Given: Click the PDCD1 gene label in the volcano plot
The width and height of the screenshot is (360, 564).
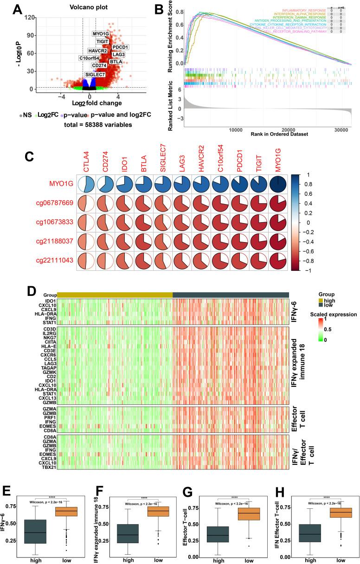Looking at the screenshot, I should coord(120,47).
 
